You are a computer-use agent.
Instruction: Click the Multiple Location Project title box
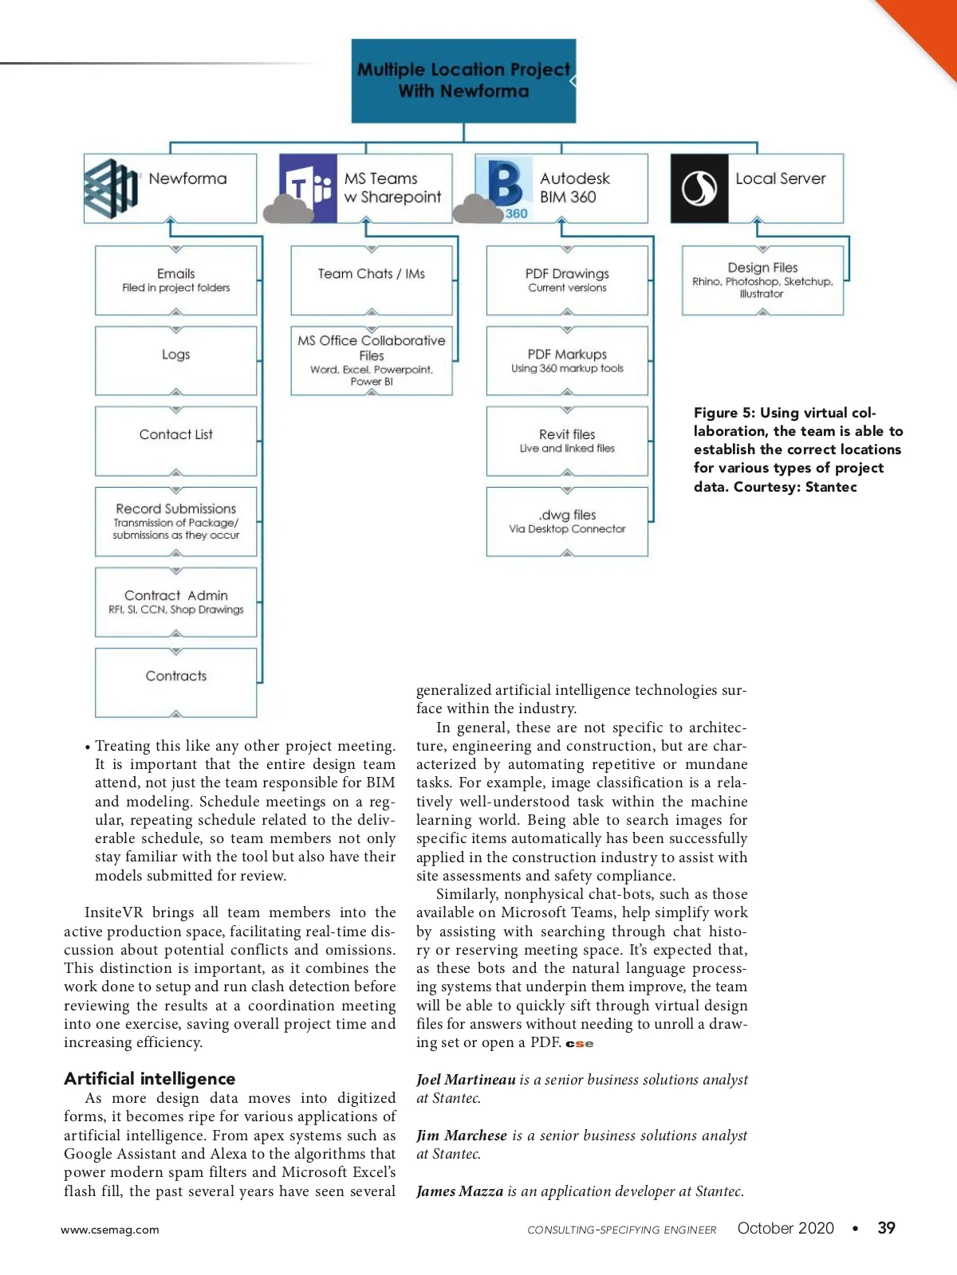[x=463, y=80]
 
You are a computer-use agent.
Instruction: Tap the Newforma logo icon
[x=111, y=189]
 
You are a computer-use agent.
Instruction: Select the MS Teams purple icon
[x=309, y=188]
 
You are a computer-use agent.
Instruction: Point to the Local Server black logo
[x=699, y=189]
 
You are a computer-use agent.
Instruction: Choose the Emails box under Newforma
[x=175, y=280]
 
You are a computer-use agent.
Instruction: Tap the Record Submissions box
[x=175, y=521]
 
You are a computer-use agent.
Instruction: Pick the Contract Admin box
[x=175, y=602]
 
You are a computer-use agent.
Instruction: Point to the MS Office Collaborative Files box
[x=372, y=360]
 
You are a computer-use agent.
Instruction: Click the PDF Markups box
[x=567, y=360]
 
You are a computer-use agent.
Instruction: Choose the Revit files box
[x=567, y=441]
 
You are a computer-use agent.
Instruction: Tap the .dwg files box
[x=567, y=521]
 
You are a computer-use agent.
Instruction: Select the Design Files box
[x=762, y=280]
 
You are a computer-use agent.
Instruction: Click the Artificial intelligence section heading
[x=150, y=1078]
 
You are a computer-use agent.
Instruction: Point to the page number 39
[x=886, y=1228]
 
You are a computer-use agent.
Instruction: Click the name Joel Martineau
[x=466, y=1080]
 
